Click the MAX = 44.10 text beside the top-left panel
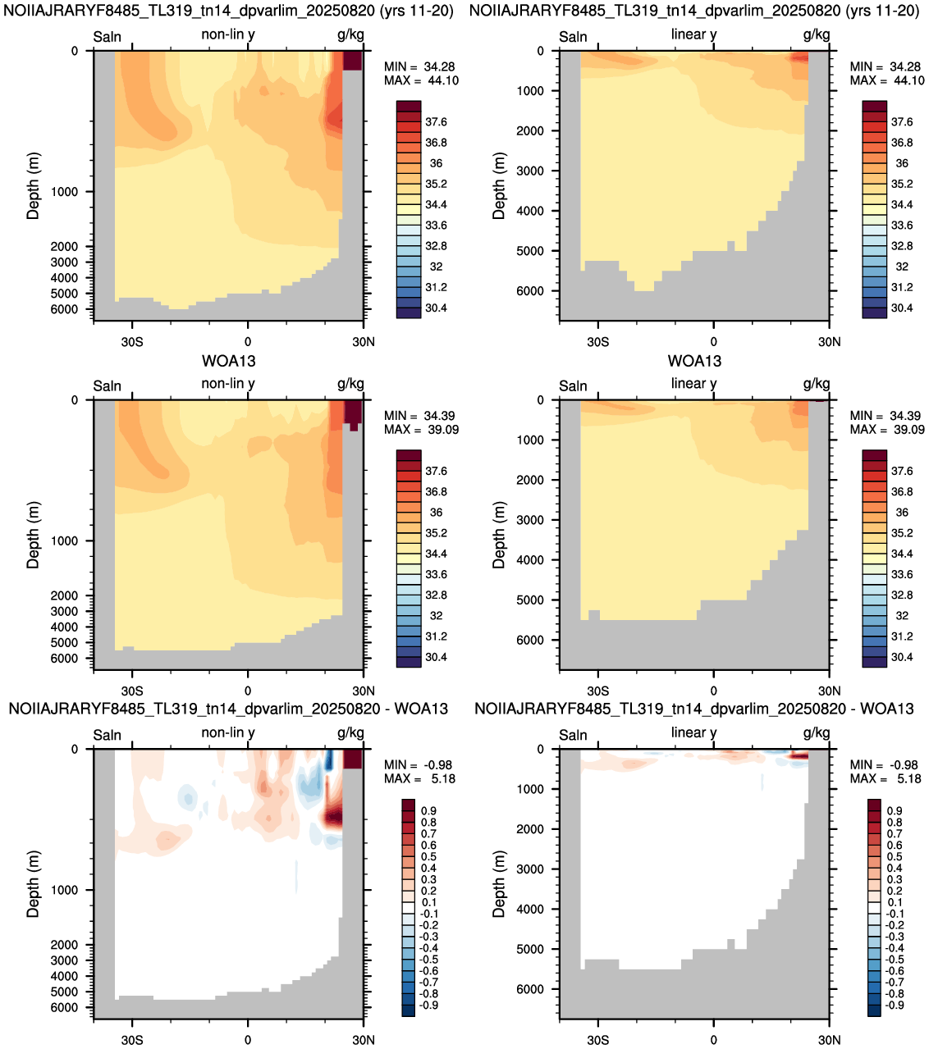421,80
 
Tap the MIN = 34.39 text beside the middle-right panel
886,416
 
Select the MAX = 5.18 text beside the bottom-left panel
419,778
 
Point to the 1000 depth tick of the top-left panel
64,192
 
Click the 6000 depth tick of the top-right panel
530,291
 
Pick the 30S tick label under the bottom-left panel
132,1040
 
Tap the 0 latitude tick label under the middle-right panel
713,691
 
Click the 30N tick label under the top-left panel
364,342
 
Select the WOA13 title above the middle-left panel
228,360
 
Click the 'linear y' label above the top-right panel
693,34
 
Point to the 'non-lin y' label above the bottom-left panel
228,732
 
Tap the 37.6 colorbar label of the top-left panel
436,121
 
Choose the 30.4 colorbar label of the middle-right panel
902,657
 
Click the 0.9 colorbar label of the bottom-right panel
895,811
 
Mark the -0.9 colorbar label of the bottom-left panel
428,1005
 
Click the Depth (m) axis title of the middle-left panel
33,535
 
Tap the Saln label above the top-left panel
108,37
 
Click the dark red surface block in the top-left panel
352,61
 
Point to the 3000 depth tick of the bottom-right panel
530,869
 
